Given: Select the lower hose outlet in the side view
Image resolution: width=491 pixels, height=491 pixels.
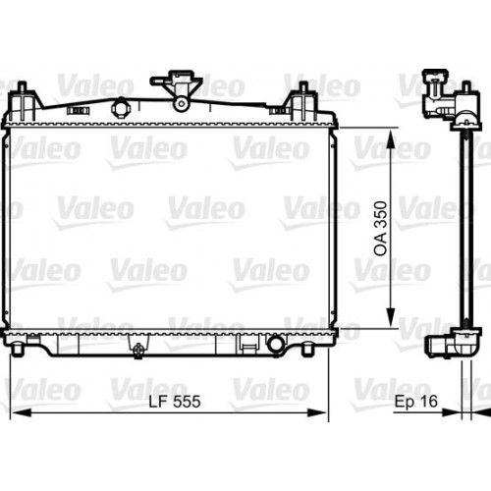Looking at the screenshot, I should point(438,345).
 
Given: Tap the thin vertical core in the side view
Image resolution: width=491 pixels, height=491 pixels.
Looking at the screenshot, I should point(464,226).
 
